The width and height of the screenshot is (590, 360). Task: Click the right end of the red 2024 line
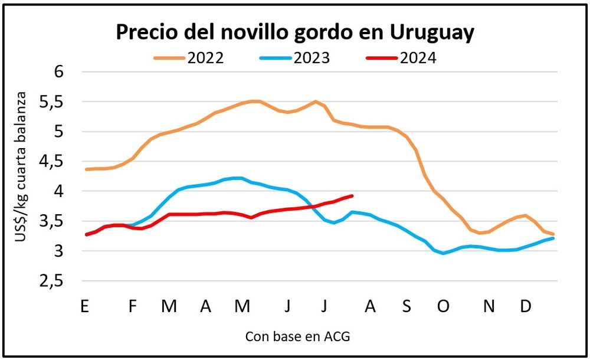click(352, 195)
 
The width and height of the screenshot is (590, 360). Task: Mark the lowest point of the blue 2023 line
click(444, 253)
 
